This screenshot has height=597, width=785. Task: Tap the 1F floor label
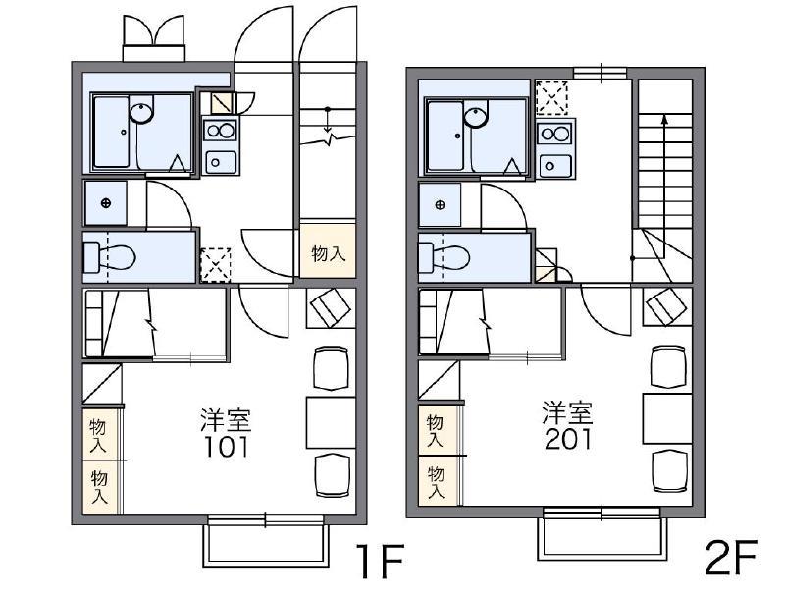coord(380,563)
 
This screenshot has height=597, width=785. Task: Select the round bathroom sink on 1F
coord(141,113)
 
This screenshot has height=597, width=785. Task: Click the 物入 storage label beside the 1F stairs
coord(328,253)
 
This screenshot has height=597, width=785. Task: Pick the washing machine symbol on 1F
coord(106,202)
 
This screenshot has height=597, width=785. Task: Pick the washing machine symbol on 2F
coord(441,205)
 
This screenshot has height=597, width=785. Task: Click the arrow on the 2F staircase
coord(664,119)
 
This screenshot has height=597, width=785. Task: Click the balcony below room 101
coord(264,543)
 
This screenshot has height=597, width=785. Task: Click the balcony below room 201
coord(601,537)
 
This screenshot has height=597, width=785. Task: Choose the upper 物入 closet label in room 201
coord(435,431)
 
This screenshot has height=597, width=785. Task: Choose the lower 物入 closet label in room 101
coord(99,487)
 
